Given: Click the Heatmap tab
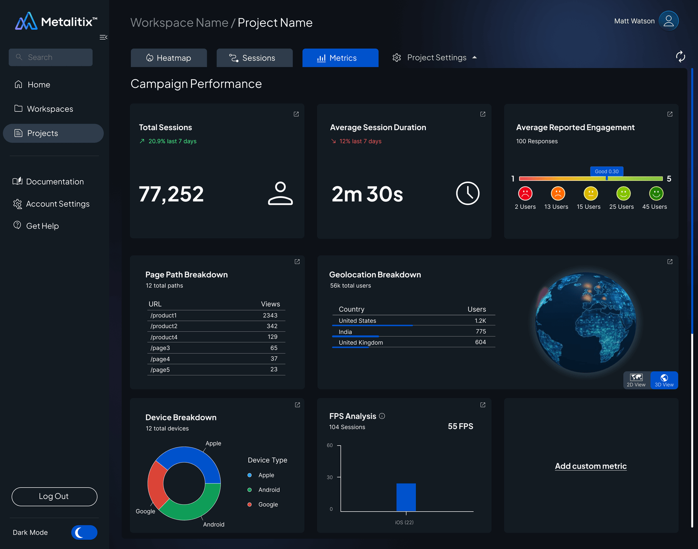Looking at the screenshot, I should tap(169, 58).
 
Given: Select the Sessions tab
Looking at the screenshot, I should tap(254, 58).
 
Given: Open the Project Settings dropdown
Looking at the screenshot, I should tap(435, 58).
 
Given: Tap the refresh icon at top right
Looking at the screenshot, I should tap(680, 56).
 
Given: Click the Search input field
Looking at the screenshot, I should tap(51, 57).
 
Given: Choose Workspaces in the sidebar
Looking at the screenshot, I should tap(50, 109).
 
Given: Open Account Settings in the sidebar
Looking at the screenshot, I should tap(57, 204).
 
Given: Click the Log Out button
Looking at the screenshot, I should tap(54, 497).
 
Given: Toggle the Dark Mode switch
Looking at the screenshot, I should tap(84, 532).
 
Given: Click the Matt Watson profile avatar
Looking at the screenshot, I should tap(668, 21).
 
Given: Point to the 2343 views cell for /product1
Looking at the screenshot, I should tap(270, 315).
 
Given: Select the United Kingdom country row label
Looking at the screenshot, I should tap(361, 343).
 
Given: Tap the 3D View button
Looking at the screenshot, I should tap(664, 380).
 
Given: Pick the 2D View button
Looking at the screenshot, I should tap(636, 380).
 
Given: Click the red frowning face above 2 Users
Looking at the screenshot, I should tap(525, 193).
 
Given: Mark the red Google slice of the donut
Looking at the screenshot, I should tap(156, 485).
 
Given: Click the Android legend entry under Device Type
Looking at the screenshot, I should tap(269, 490).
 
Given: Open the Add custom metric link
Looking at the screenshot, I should tap(591, 466).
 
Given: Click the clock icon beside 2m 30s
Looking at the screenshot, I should tap(468, 193).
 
